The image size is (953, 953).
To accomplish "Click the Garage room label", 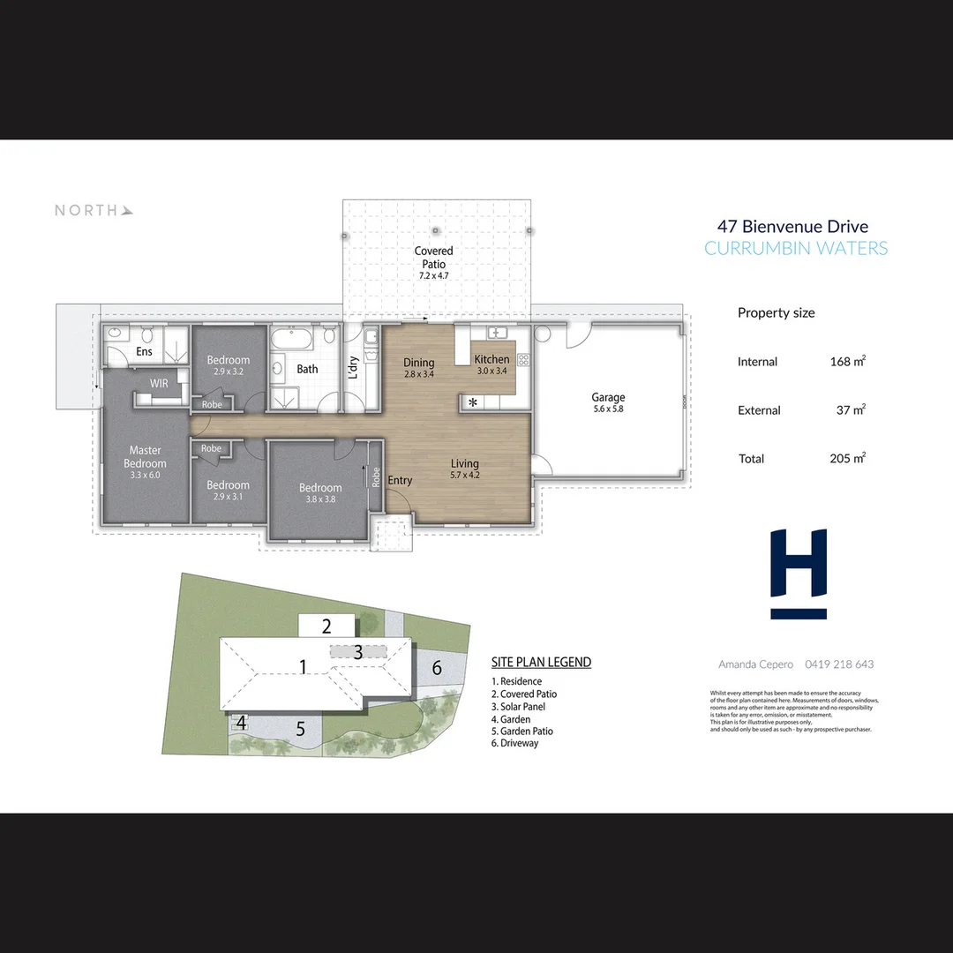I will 608,398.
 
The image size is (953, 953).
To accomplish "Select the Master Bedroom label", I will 145,457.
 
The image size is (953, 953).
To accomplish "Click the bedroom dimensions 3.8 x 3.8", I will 320,499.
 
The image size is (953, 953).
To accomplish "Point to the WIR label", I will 159,384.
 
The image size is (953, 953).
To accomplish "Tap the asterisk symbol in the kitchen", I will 473,403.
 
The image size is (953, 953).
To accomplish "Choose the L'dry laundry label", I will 353,365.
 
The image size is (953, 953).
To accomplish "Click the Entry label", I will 400,480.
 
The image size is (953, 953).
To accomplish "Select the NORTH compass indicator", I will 94,210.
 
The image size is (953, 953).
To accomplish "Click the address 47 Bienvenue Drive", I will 792,227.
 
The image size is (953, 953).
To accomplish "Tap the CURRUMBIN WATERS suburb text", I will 796,248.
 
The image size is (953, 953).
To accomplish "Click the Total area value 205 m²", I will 847,458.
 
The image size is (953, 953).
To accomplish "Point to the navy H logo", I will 799,574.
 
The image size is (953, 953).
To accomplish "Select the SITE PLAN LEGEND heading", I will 541,662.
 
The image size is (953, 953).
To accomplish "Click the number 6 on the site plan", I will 437,668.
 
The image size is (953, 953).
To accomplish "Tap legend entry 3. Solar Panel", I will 518,707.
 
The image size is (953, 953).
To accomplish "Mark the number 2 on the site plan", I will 326,627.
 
